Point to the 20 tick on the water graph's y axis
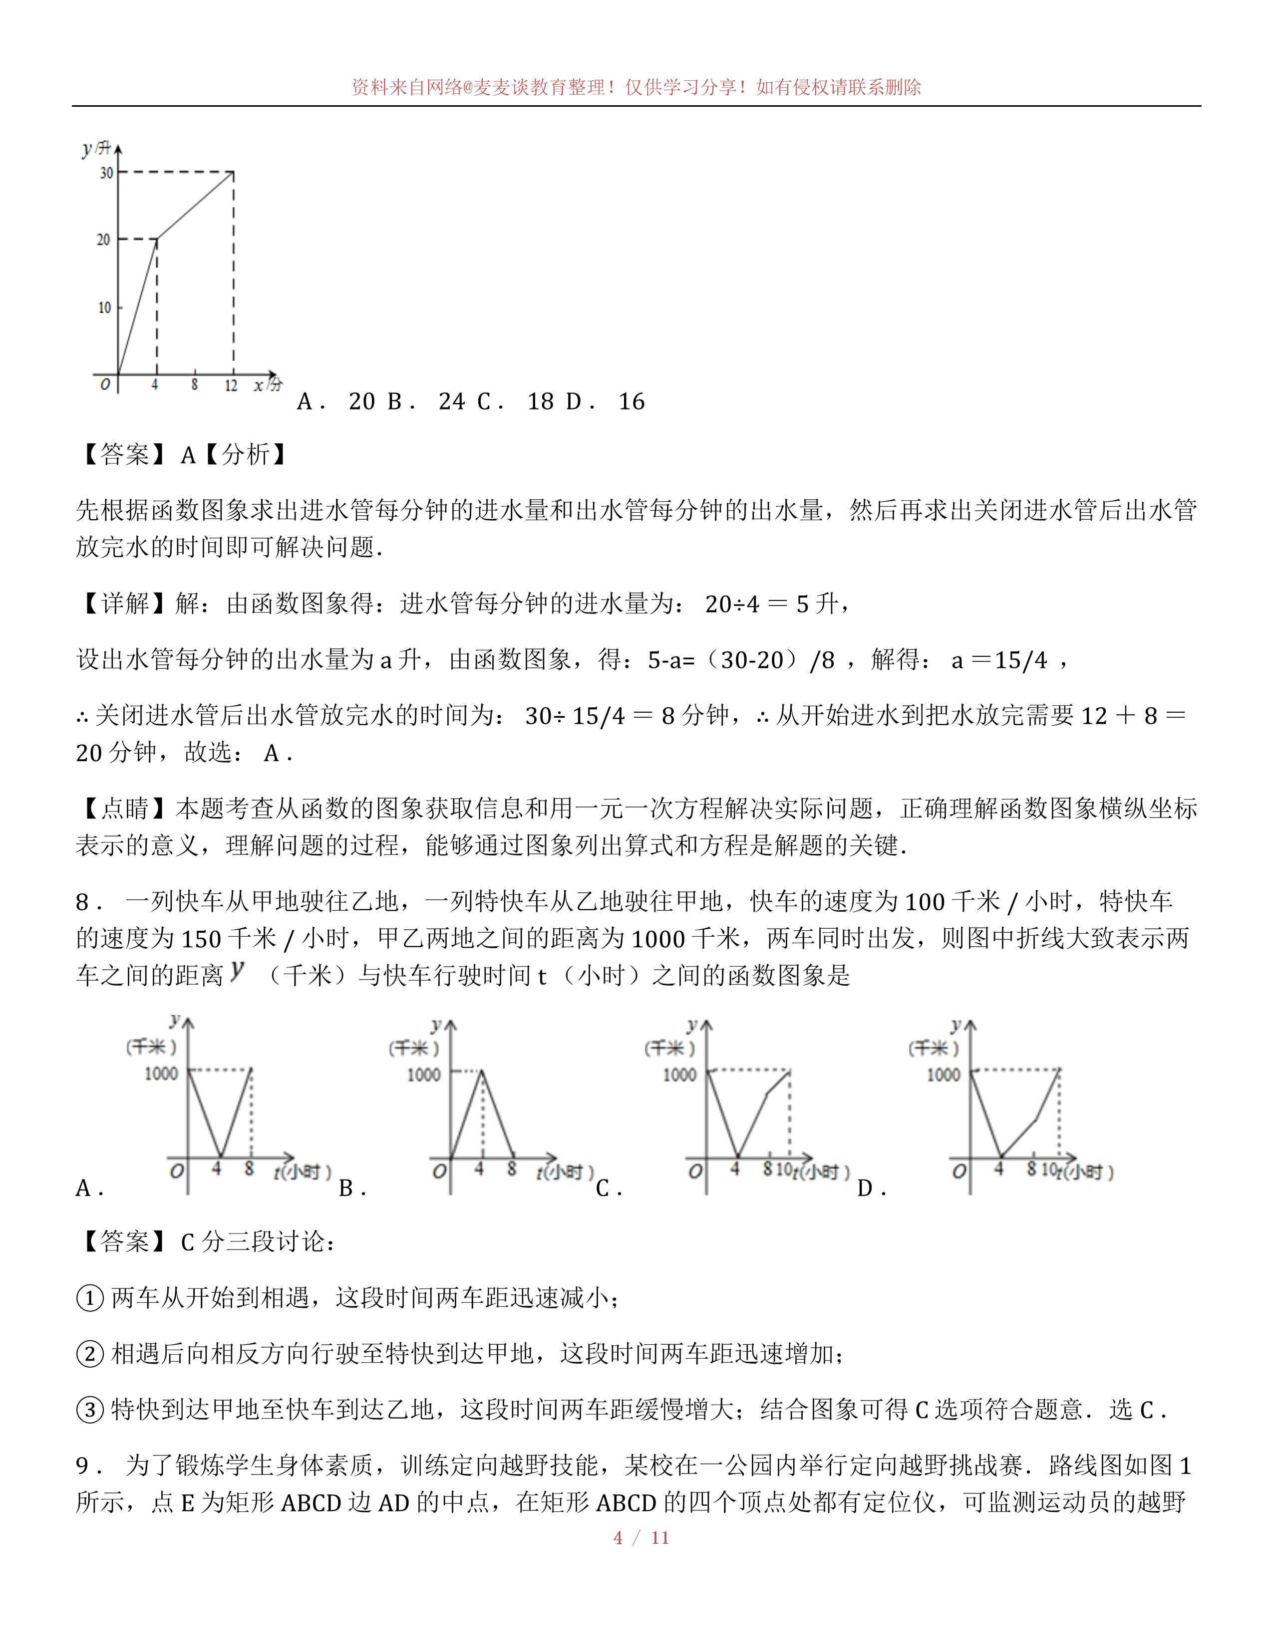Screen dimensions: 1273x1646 point(103,239)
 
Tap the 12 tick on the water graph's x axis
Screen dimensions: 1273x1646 point(231,385)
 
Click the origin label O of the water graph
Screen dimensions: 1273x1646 point(105,385)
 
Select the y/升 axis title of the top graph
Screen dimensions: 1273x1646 point(96,149)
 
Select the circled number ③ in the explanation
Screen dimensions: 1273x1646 point(90,1410)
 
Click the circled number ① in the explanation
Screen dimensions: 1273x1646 point(90,1298)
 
